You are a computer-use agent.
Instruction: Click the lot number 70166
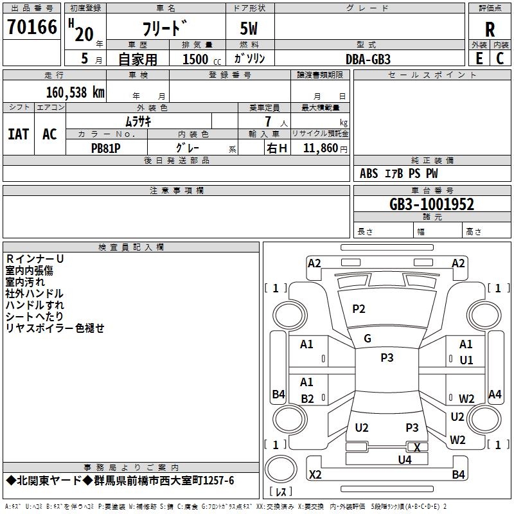(31, 28)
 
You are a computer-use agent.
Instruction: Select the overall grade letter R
(490, 30)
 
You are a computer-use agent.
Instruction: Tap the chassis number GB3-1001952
(432, 204)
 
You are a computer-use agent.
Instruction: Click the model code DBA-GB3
(368, 58)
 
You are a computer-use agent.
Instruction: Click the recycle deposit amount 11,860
(321, 148)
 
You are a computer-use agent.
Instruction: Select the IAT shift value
(18, 134)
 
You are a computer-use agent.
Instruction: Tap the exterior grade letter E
(479, 58)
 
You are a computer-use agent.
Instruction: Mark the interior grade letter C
(500, 58)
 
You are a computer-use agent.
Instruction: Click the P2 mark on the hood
(359, 309)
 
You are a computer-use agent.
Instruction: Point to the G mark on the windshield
(368, 339)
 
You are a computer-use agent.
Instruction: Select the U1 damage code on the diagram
(466, 360)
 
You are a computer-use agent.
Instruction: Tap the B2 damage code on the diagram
(307, 399)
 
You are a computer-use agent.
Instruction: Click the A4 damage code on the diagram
(495, 394)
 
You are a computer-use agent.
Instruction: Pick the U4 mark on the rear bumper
(404, 459)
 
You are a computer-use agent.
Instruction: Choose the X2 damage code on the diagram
(315, 475)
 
